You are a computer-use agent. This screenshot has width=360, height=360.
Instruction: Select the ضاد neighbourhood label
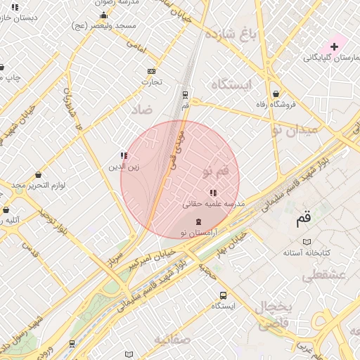pyautogui.click(x=141, y=110)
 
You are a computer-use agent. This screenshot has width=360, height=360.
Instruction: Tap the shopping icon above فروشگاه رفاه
pyautogui.click(x=276, y=94)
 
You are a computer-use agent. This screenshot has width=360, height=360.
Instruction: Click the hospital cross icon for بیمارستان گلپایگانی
pyautogui.click(x=334, y=46)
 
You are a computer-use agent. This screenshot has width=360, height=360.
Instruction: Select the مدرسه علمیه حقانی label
pyautogui.click(x=213, y=204)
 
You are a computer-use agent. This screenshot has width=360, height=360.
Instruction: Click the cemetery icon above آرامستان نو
pyautogui.click(x=198, y=221)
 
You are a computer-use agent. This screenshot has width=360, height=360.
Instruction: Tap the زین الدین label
pyautogui.click(x=124, y=167)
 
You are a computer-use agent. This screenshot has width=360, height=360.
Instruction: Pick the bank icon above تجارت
pyautogui.click(x=151, y=71)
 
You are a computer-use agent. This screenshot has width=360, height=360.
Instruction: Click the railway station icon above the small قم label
pyautogui.click(x=185, y=94)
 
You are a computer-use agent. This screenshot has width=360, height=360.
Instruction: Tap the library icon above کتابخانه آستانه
pyautogui.click(x=307, y=240)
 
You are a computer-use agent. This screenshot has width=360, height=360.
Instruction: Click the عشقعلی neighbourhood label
pyautogui.click(x=324, y=276)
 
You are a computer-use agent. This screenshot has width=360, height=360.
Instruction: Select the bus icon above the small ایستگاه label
pyautogui.click(x=223, y=295)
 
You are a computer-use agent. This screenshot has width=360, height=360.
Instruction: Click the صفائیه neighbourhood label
pyautogui.click(x=173, y=340)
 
